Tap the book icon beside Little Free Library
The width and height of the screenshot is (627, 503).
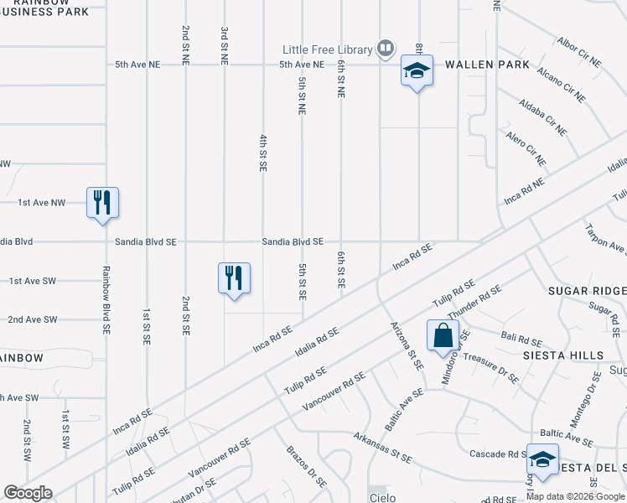tap(386, 49)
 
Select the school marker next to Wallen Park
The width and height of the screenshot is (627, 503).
tap(417, 72)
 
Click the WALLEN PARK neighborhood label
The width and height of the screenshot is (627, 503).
tap(487, 65)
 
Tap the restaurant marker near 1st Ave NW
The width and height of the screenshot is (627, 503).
tap(102, 203)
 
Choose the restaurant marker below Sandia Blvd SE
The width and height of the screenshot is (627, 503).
tap(234, 279)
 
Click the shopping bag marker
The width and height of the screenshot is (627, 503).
tap(442, 337)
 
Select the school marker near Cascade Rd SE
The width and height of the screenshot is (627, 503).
tap(542, 460)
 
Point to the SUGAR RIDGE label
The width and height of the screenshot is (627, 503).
tap(587, 291)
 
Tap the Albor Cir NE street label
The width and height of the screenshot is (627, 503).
tap(579, 52)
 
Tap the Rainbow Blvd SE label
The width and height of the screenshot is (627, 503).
tap(106, 301)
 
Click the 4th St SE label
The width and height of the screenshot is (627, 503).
tap(262, 153)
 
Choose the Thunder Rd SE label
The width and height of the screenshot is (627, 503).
tap(474, 302)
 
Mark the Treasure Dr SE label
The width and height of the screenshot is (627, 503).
tap(491, 368)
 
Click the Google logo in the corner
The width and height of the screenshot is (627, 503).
tap(28, 493)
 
